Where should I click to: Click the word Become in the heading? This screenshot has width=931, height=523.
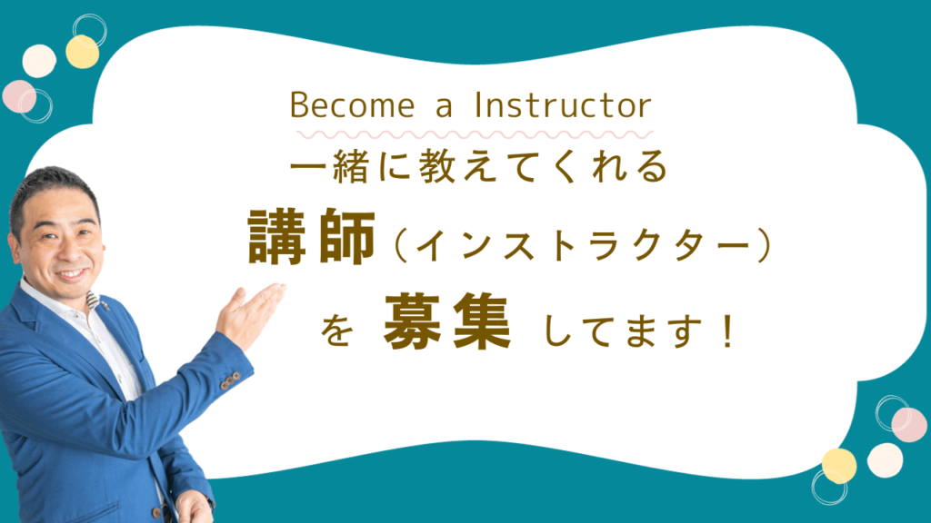352,105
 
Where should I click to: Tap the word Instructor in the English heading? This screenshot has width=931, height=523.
563,105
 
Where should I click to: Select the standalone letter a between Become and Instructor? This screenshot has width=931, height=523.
444,108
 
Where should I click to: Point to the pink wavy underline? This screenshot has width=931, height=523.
475,135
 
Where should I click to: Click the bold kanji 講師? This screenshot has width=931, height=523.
311,237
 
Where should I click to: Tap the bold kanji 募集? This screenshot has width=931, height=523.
447,321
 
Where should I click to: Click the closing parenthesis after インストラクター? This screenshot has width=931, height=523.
764,245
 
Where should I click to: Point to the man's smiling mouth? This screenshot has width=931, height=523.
71,275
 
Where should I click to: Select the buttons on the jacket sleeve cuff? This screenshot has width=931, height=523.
230,380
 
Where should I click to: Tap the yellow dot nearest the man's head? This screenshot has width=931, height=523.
83,52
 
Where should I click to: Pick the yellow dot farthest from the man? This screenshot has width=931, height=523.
839,466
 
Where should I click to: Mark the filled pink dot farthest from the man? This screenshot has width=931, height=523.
909,425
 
